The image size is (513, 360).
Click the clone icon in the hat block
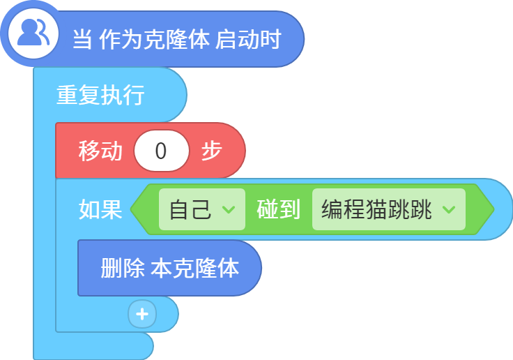(33, 33)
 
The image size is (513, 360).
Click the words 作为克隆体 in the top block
(154, 39)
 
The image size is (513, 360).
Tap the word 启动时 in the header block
(248, 39)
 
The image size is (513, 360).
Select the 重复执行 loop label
(100, 95)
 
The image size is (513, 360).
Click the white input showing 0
(161, 151)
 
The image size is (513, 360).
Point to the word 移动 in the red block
(100, 151)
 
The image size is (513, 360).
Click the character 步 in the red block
(212, 151)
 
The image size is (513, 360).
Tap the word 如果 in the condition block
(100, 209)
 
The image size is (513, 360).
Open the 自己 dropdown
(202, 209)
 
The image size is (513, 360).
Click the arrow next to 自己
(229, 209)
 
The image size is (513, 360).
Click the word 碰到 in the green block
(278, 209)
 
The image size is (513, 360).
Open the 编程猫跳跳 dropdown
(389, 209)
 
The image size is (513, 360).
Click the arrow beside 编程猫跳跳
(449, 209)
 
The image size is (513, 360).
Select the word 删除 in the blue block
(123, 269)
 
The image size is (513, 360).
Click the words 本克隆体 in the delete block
(195, 269)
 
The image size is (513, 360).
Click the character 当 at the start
(82, 39)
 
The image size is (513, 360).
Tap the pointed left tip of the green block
(131, 209)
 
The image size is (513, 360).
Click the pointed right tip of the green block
(493, 209)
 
